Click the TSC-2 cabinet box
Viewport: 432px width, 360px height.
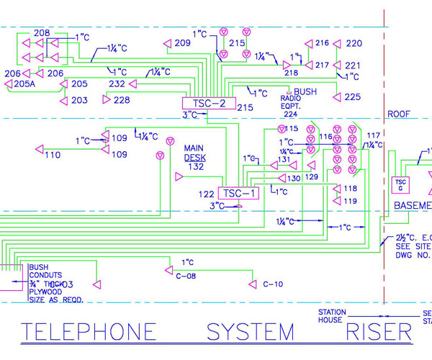coord(209,104)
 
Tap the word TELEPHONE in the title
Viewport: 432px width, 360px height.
coord(88,332)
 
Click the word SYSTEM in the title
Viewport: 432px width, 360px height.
coord(251,332)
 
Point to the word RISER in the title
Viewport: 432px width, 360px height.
coord(379,332)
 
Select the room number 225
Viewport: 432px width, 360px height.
coord(352,96)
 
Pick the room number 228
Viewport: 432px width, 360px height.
coord(122,100)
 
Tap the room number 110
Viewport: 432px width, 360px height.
coord(53,155)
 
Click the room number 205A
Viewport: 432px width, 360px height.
coord(19,84)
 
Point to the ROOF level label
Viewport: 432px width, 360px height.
coord(398,114)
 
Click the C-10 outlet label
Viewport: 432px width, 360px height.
coord(273,284)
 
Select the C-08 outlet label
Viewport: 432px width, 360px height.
coord(186,274)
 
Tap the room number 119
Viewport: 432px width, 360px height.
coord(350,201)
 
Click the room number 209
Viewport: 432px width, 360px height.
coord(182,44)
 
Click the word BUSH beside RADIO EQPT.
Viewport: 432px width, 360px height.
coord(305,92)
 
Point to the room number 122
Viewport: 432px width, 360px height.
coord(207,194)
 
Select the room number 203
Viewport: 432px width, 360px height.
coord(79,100)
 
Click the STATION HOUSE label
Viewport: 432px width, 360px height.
coord(333,316)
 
